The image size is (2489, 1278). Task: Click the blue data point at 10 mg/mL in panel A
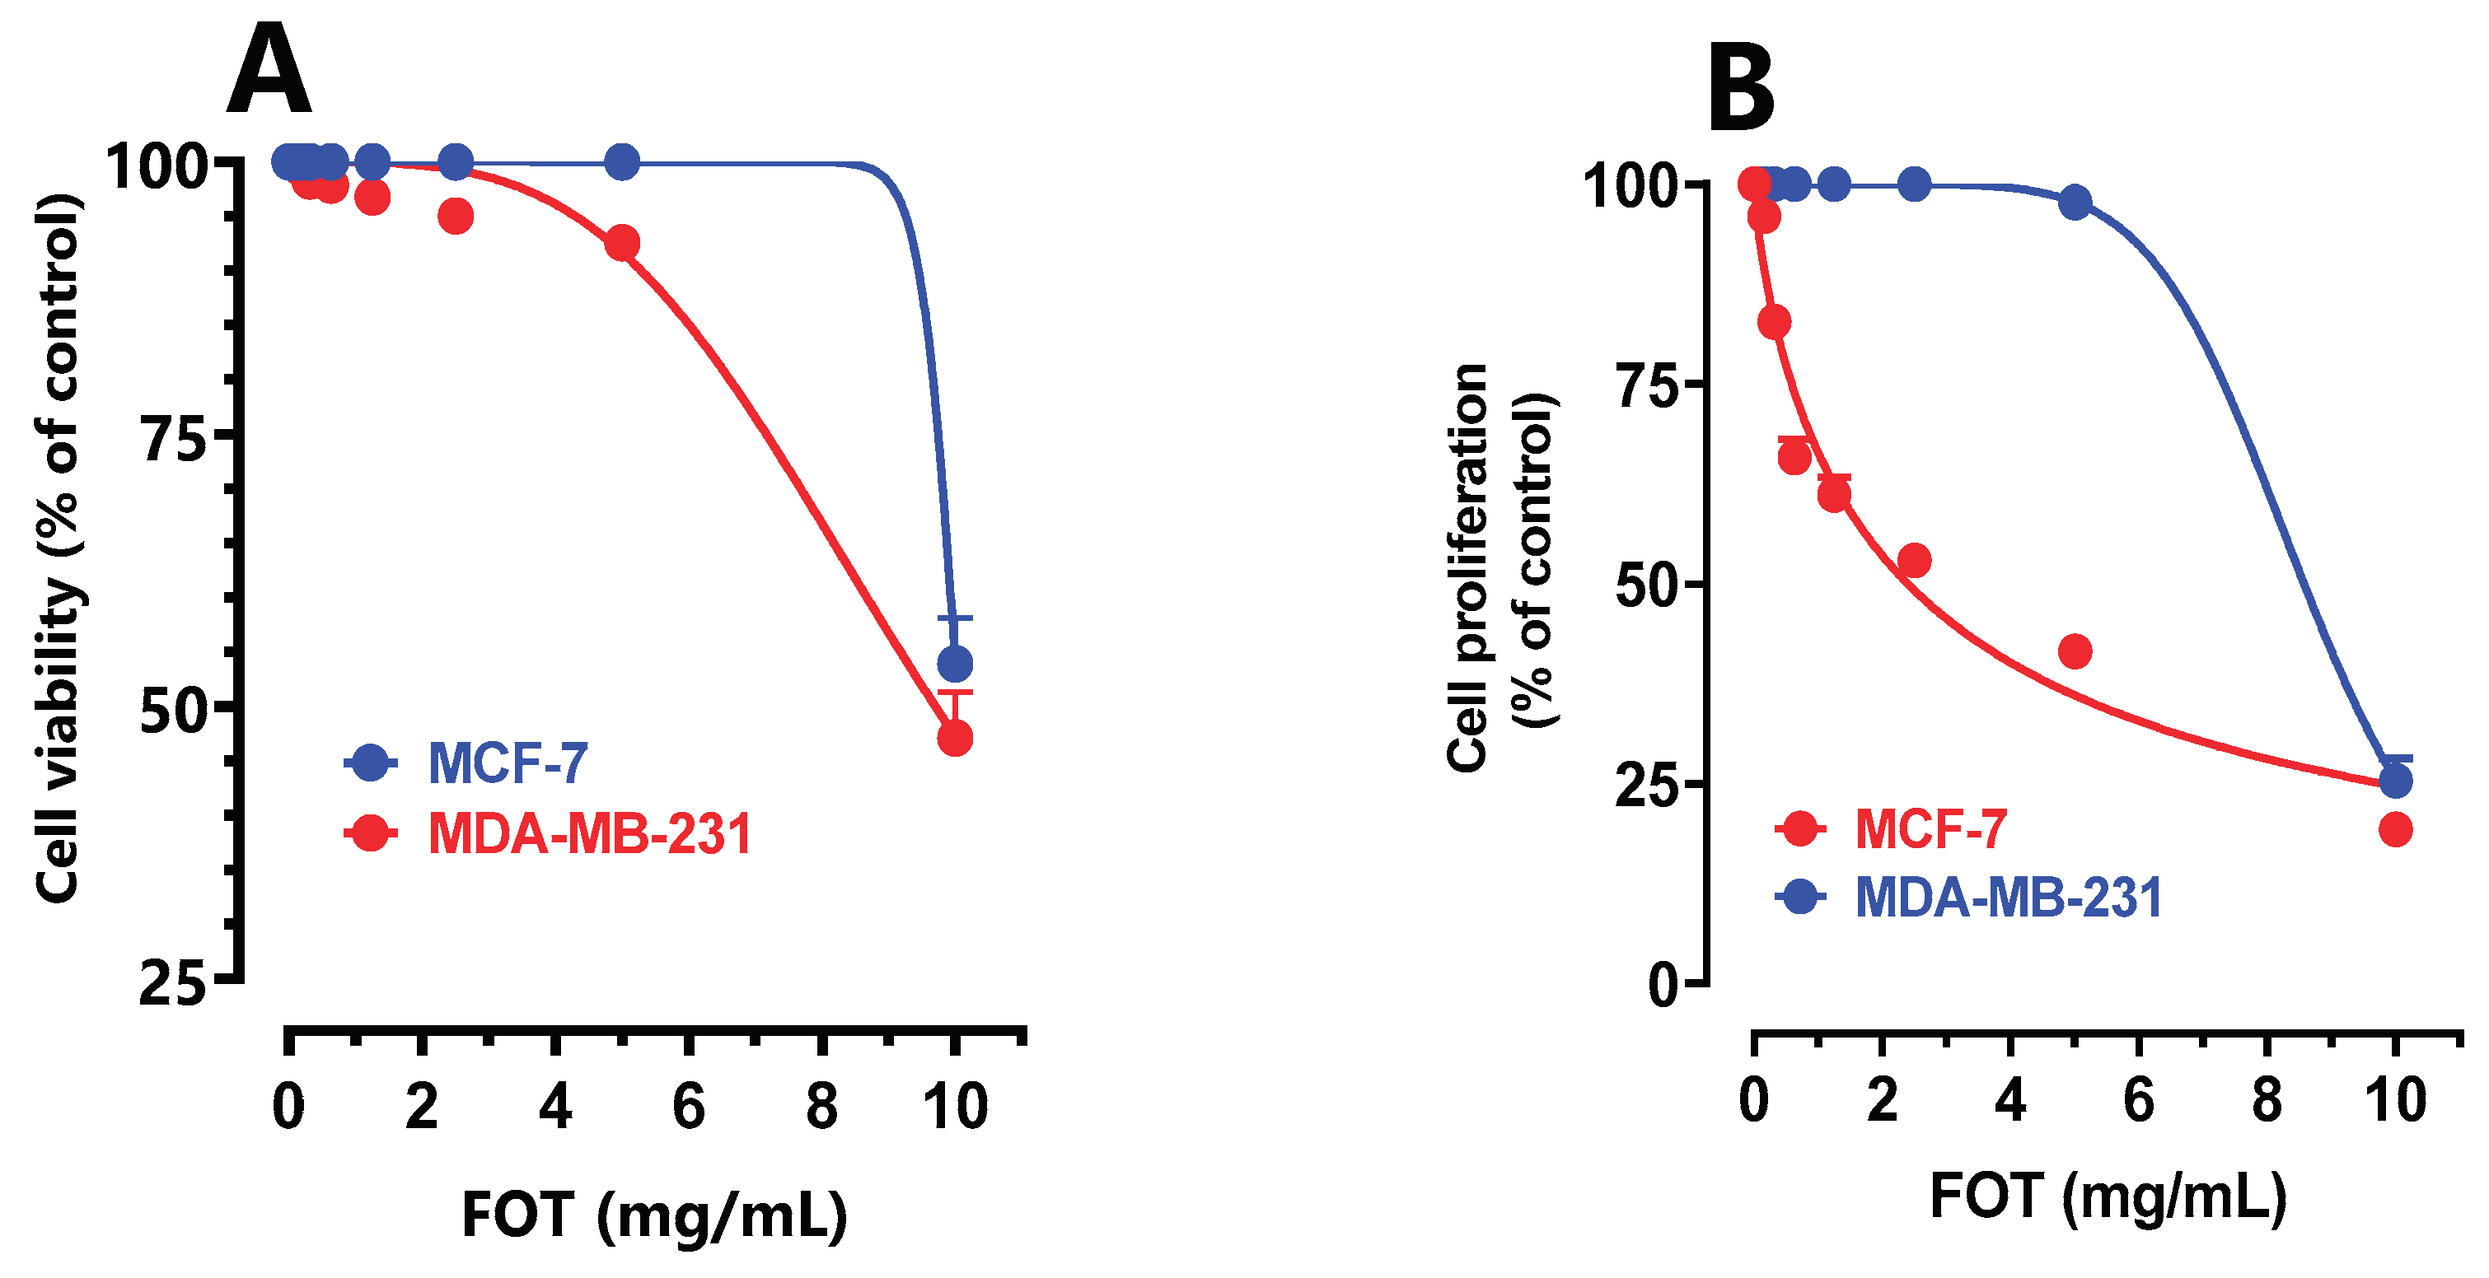(955, 664)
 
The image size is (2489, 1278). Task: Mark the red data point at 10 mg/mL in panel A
(955, 739)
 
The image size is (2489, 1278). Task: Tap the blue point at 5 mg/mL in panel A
(622, 161)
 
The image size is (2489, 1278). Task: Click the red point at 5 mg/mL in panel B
(2075, 651)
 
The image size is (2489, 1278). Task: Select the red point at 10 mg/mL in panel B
(2394, 829)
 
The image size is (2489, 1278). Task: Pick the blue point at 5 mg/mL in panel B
(2075, 202)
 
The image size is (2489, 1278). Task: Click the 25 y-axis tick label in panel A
(173, 986)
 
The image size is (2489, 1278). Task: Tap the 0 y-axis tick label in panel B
(1663, 986)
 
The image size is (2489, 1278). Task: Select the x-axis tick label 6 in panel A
(688, 1107)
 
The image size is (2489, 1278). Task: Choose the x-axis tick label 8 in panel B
(2267, 1100)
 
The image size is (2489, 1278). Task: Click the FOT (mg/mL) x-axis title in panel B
(2108, 1198)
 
